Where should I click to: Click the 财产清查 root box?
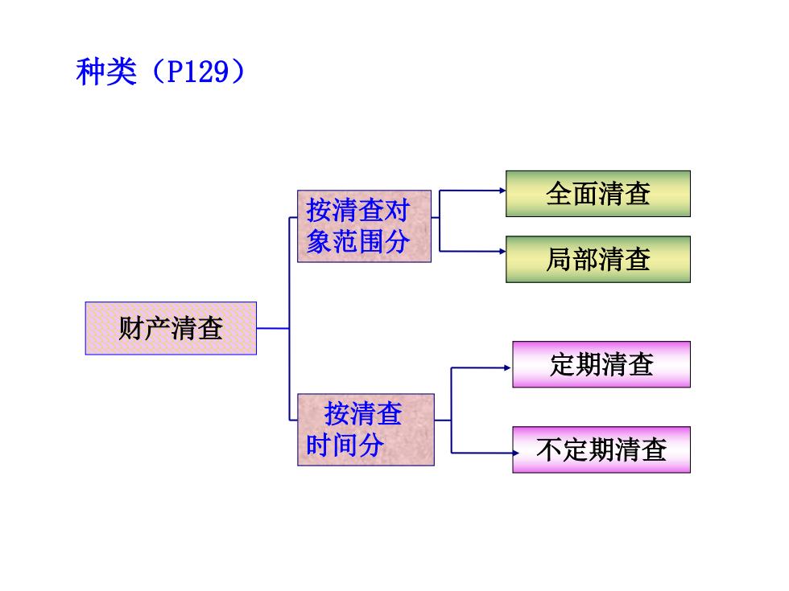point(171,329)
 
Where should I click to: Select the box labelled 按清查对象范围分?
point(364,226)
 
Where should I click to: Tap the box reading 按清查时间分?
point(366,429)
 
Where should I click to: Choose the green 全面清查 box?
point(598,194)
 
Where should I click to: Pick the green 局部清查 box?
point(598,259)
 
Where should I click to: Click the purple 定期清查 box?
point(601,364)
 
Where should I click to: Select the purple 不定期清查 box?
point(601,449)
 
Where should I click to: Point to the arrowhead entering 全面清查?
point(502,191)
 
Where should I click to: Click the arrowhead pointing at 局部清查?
point(502,251)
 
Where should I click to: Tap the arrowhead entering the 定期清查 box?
point(508,368)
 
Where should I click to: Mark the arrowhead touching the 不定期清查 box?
point(515,454)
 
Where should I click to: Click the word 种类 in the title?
point(106,72)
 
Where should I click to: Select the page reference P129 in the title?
point(198,72)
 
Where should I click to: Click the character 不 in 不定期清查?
point(549,449)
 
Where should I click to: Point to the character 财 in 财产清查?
point(131,329)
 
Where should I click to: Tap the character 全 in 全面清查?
point(559,194)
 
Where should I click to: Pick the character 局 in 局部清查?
point(559,259)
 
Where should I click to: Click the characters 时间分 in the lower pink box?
point(345,445)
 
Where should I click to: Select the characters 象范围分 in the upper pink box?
point(358,242)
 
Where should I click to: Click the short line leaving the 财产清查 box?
point(273,329)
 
